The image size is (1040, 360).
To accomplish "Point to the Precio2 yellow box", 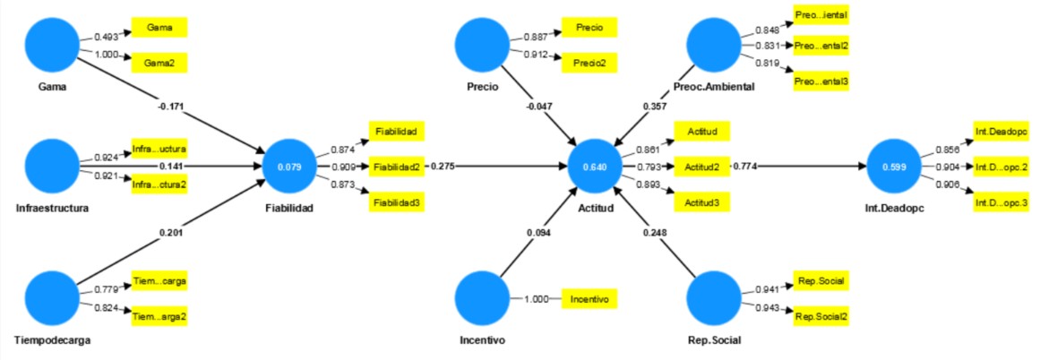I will pos(589,64).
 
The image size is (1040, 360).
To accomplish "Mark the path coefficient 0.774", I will pos(745,167).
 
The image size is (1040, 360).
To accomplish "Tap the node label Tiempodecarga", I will pos(53,341).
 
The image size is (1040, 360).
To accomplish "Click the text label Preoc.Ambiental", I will pos(714,87).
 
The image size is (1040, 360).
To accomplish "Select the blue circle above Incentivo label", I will pos(484,300).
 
